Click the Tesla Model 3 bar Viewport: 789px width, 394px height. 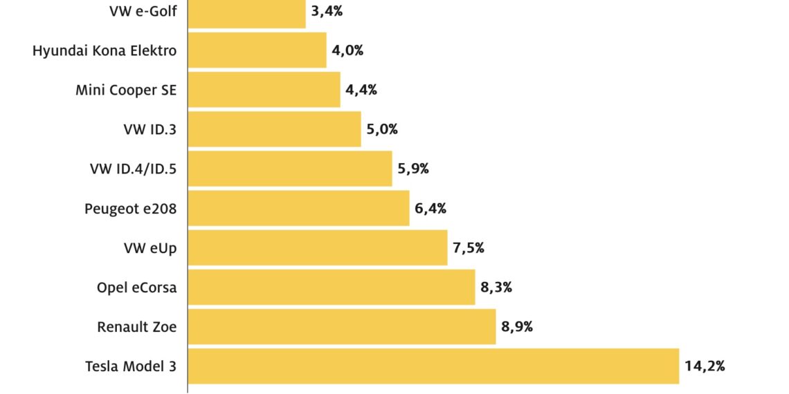click(433, 366)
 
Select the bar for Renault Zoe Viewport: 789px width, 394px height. click(342, 327)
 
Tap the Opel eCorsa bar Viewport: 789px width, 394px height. click(332, 288)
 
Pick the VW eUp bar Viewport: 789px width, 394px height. click(318, 248)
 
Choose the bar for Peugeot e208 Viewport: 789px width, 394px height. click(298, 209)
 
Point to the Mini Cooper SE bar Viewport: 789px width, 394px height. click(264, 90)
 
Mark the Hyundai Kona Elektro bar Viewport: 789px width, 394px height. click(257, 50)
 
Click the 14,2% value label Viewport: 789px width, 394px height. click(705, 366)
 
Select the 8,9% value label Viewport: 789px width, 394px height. click(517, 327)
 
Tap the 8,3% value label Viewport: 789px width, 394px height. click(496, 288)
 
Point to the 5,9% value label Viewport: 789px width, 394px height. click(413, 169)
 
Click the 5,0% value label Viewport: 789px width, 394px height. click(382, 129)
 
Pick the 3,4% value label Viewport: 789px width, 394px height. click(327, 11)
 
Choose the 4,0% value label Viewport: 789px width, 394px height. click(347, 50)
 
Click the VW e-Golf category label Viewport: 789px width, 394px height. click(143, 11)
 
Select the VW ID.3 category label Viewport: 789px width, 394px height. click(149, 129)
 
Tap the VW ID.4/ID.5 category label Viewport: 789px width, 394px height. click(133, 169)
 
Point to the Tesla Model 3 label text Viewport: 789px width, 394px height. click(131, 366)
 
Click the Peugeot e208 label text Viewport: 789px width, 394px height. click(131, 209)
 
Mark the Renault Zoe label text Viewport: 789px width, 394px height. click(137, 327)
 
